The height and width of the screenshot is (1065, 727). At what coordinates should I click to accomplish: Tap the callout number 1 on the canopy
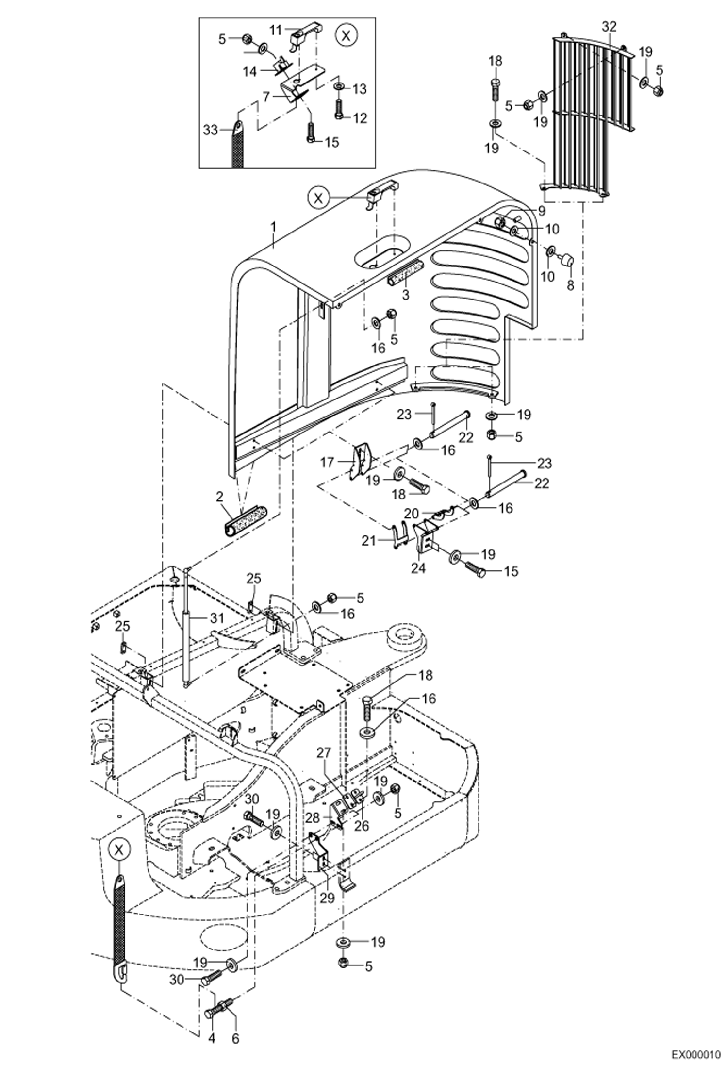coord(273,227)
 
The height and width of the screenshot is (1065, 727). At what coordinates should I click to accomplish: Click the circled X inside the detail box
coord(347,36)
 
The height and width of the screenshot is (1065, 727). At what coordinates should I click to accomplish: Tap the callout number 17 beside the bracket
coord(327,462)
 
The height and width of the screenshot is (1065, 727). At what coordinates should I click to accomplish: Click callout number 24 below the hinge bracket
coord(418,567)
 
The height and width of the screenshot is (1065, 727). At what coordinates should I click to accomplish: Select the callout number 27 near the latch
coord(324,753)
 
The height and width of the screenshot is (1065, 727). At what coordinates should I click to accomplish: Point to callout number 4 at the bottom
coord(212,1038)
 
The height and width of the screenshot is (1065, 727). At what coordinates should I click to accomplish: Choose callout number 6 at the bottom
coord(235,1038)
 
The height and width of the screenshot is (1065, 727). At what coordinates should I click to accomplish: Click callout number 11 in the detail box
coord(276,30)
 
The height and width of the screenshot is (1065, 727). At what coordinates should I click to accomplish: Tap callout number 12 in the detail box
coord(360,118)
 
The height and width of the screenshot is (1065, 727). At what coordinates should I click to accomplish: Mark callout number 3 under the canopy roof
coord(406,294)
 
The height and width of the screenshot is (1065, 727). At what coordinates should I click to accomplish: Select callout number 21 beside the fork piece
coord(369,540)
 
